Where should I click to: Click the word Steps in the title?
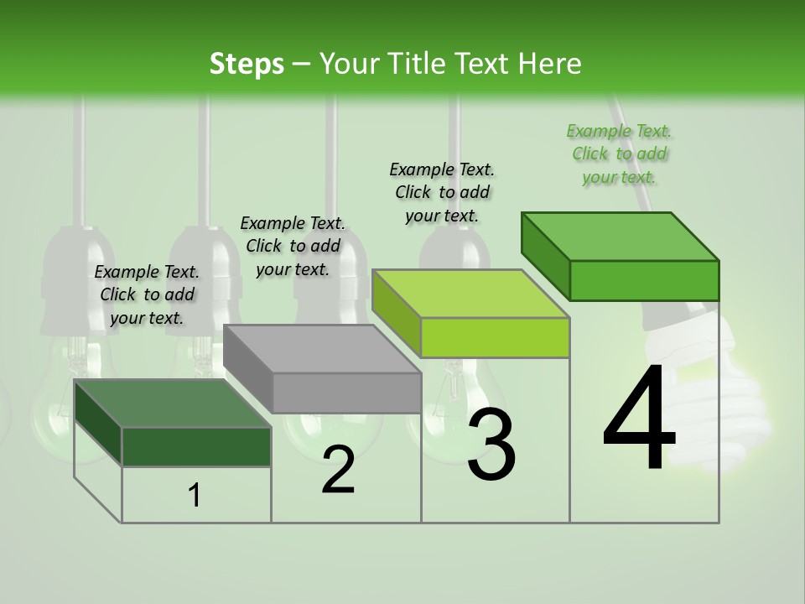(247, 64)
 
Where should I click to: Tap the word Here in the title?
(549, 64)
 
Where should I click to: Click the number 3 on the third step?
(491, 445)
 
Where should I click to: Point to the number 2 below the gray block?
(338, 470)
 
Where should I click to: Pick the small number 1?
(195, 496)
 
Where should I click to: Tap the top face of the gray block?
(323, 349)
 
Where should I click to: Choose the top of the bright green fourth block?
(621, 236)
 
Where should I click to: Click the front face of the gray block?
(347, 393)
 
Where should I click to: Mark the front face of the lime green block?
(496, 337)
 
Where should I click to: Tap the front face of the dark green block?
(197, 446)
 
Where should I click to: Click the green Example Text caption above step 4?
(619, 154)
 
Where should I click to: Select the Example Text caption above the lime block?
(442, 192)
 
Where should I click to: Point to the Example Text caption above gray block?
(293, 246)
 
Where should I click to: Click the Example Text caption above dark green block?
(147, 294)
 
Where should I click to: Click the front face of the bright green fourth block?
(644, 280)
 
